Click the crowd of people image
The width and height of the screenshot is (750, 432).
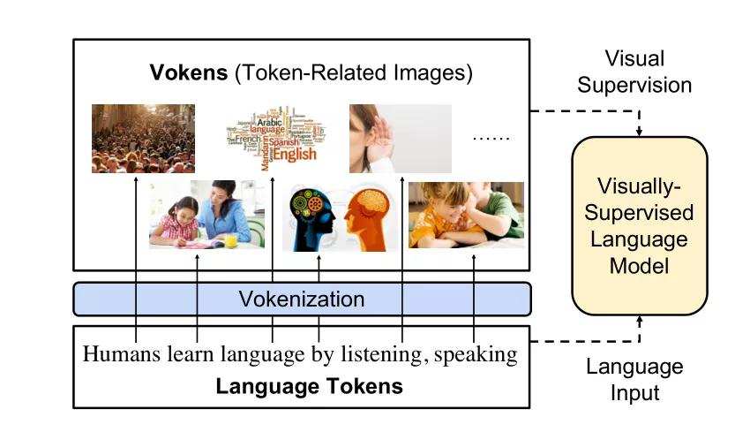point(143,138)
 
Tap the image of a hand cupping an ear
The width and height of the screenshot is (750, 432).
point(401,138)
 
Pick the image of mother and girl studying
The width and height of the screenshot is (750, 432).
point(206,215)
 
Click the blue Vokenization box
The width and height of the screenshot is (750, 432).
point(302,299)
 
